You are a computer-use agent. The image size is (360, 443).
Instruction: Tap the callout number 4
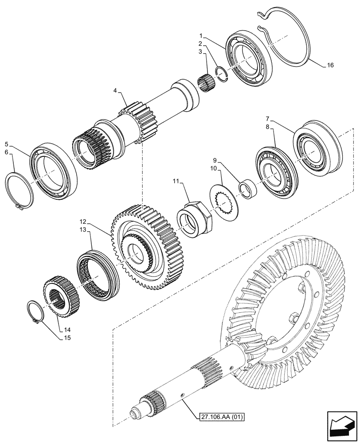[115, 91]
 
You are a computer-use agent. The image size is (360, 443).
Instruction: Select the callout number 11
[176, 181]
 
